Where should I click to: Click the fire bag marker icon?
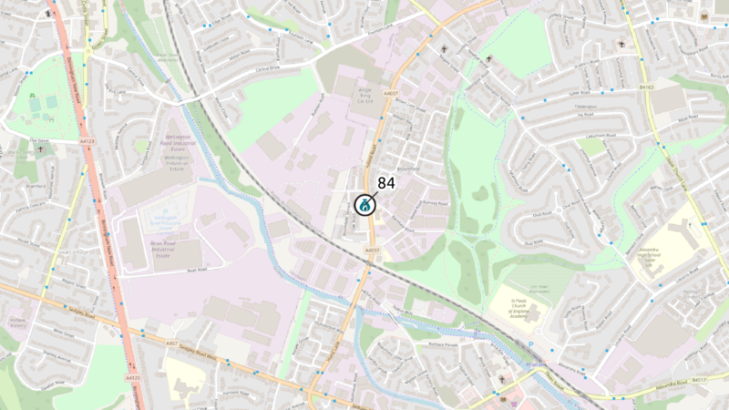click(x=364, y=205)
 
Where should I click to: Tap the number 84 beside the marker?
click(x=386, y=183)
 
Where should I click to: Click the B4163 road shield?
click(x=647, y=87)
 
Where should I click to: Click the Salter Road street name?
click(x=580, y=92)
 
